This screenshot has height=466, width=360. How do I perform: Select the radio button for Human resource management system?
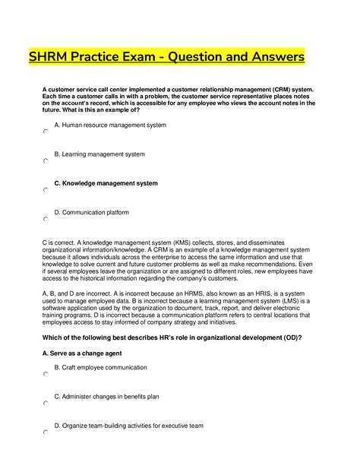[x=46, y=132]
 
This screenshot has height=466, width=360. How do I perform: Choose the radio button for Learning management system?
[x=46, y=161]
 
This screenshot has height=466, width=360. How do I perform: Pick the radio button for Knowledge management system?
[x=46, y=190]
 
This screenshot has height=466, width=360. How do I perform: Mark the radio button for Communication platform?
[x=46, y=219]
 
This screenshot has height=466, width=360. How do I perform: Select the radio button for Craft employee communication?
[x=46, y=375]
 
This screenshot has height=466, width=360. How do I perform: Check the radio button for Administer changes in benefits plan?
[x=46, y=404]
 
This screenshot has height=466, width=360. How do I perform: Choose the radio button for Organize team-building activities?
[x=46, y=433]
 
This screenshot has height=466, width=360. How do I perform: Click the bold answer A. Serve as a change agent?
[x=87, y=353]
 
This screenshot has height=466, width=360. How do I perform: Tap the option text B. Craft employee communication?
[x=100, y=368]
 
